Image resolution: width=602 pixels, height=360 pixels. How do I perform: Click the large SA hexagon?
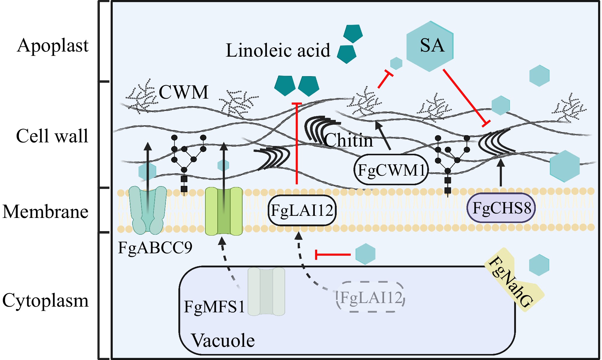coord(430,46)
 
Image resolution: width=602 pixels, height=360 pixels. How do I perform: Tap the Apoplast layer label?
coord(53,46)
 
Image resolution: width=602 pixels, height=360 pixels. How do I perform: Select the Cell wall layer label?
coord(52,136)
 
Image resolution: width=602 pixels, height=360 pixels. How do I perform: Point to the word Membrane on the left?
coord(46,212)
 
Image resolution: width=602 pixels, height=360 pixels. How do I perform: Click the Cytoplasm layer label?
coord(46,300)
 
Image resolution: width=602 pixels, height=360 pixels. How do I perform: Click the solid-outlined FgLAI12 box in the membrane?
coord(302,210)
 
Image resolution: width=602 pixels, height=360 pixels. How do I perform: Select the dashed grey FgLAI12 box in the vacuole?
coord(371,297)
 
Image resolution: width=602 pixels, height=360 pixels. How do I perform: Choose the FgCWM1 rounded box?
coord(391,170)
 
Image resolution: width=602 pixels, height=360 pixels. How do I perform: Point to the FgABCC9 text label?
coord(155,248)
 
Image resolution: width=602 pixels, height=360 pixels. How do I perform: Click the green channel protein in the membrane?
coord(224,211)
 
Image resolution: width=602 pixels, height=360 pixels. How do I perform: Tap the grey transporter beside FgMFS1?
coord(266,292)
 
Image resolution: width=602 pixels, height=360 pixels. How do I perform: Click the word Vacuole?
coord(223,341)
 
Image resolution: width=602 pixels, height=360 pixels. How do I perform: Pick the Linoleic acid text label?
coord(278,50)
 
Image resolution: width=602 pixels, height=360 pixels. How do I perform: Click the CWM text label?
coord(183,92)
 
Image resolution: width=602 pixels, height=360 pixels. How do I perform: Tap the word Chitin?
coord(349,140)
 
